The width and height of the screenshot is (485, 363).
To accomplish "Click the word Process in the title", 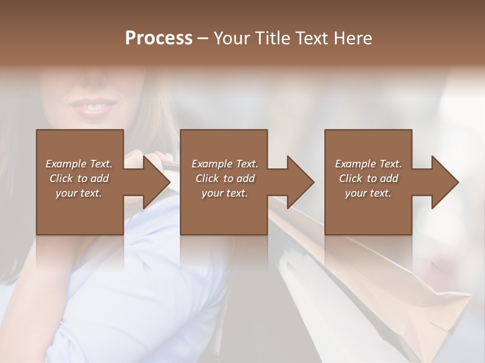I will click(159, 38).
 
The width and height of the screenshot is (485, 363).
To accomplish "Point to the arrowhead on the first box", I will click(157, 182).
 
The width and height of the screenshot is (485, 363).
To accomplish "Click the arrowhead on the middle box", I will click(301, 182).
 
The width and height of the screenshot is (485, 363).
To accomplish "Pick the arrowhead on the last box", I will click(446, 182).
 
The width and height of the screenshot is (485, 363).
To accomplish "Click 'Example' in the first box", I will click(66, 164).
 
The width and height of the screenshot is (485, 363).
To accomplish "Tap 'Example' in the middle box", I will click(212, 164).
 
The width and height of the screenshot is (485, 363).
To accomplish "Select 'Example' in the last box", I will click(355, 164).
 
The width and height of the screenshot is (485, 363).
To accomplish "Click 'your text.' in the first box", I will click(79, 193).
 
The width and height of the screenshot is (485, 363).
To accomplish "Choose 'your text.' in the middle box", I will click(225, 193).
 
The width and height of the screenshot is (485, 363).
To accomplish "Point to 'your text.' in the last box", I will click(368, 193).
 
